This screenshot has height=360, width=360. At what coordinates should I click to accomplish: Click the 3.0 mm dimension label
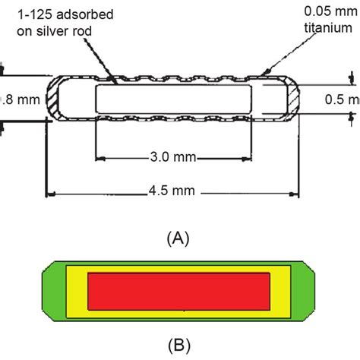click(x=172, y=157)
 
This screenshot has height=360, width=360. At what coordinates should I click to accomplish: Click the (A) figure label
click(x=176, y=238)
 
